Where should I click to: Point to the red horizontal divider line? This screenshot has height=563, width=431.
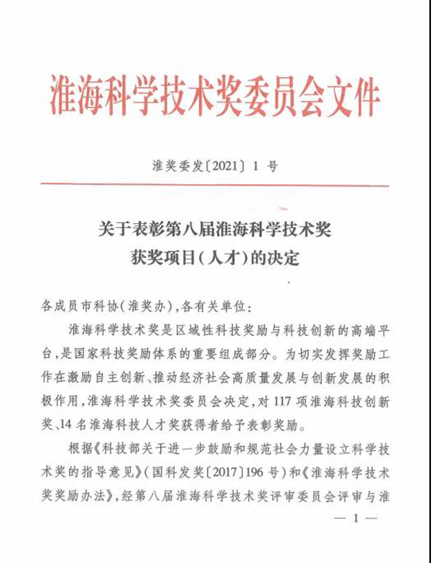(215, 185)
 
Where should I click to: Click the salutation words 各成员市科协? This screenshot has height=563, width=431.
(79, 306)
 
